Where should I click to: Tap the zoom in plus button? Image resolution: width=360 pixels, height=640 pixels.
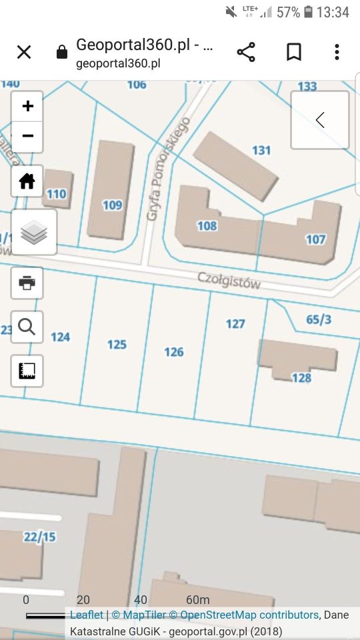[27, 107]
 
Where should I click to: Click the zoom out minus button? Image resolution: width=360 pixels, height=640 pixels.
[27, 137]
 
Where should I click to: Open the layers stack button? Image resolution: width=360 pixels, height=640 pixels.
[34, 232]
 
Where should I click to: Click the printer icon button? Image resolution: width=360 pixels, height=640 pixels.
[27, 283]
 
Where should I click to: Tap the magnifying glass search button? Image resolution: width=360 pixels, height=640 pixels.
[27, 327]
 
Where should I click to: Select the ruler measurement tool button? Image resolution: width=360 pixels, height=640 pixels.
[27, 371]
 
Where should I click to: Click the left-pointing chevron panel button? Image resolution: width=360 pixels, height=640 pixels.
[320, 120]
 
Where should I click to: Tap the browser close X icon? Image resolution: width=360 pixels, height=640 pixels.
[24, 52]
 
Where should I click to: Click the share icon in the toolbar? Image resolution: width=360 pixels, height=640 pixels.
[246, 52]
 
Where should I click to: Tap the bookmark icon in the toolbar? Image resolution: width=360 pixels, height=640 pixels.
[294, 52]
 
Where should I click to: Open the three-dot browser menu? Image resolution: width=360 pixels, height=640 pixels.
[337, 52]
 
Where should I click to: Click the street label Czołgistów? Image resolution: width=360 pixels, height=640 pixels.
[229, 281]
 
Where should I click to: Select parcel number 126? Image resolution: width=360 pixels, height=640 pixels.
[174, 352]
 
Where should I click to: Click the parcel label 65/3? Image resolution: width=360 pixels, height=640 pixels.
[319, 319]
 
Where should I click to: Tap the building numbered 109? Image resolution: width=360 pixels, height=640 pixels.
[112, 205]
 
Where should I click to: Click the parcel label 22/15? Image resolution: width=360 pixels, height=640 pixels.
[40, 537]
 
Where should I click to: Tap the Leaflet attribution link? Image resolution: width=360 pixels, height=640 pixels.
[87, 615]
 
